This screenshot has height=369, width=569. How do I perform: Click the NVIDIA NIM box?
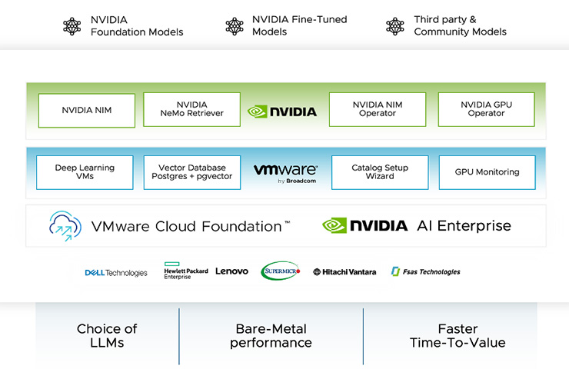86,110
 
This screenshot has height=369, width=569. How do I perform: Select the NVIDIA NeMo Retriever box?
191,110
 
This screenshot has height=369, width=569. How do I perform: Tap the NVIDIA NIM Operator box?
377,110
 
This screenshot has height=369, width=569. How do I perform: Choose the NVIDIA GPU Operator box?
486,110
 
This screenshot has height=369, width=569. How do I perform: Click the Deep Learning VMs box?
85,172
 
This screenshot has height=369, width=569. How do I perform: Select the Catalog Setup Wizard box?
379,172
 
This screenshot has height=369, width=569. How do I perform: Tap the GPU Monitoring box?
487,172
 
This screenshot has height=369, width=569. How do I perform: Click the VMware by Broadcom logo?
285,171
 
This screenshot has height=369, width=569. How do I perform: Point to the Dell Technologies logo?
116,272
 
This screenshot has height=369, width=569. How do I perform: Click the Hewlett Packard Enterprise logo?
186,272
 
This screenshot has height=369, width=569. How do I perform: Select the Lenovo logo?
231,271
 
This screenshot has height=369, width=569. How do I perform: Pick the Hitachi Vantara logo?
344,272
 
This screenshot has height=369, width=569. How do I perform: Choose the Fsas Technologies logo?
425,271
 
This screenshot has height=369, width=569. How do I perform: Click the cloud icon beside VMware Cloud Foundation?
65,225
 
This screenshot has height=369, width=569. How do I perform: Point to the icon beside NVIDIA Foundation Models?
72,26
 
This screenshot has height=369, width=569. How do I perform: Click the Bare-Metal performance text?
271,336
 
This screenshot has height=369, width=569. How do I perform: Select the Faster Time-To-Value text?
457,336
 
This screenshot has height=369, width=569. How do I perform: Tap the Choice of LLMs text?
107,336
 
